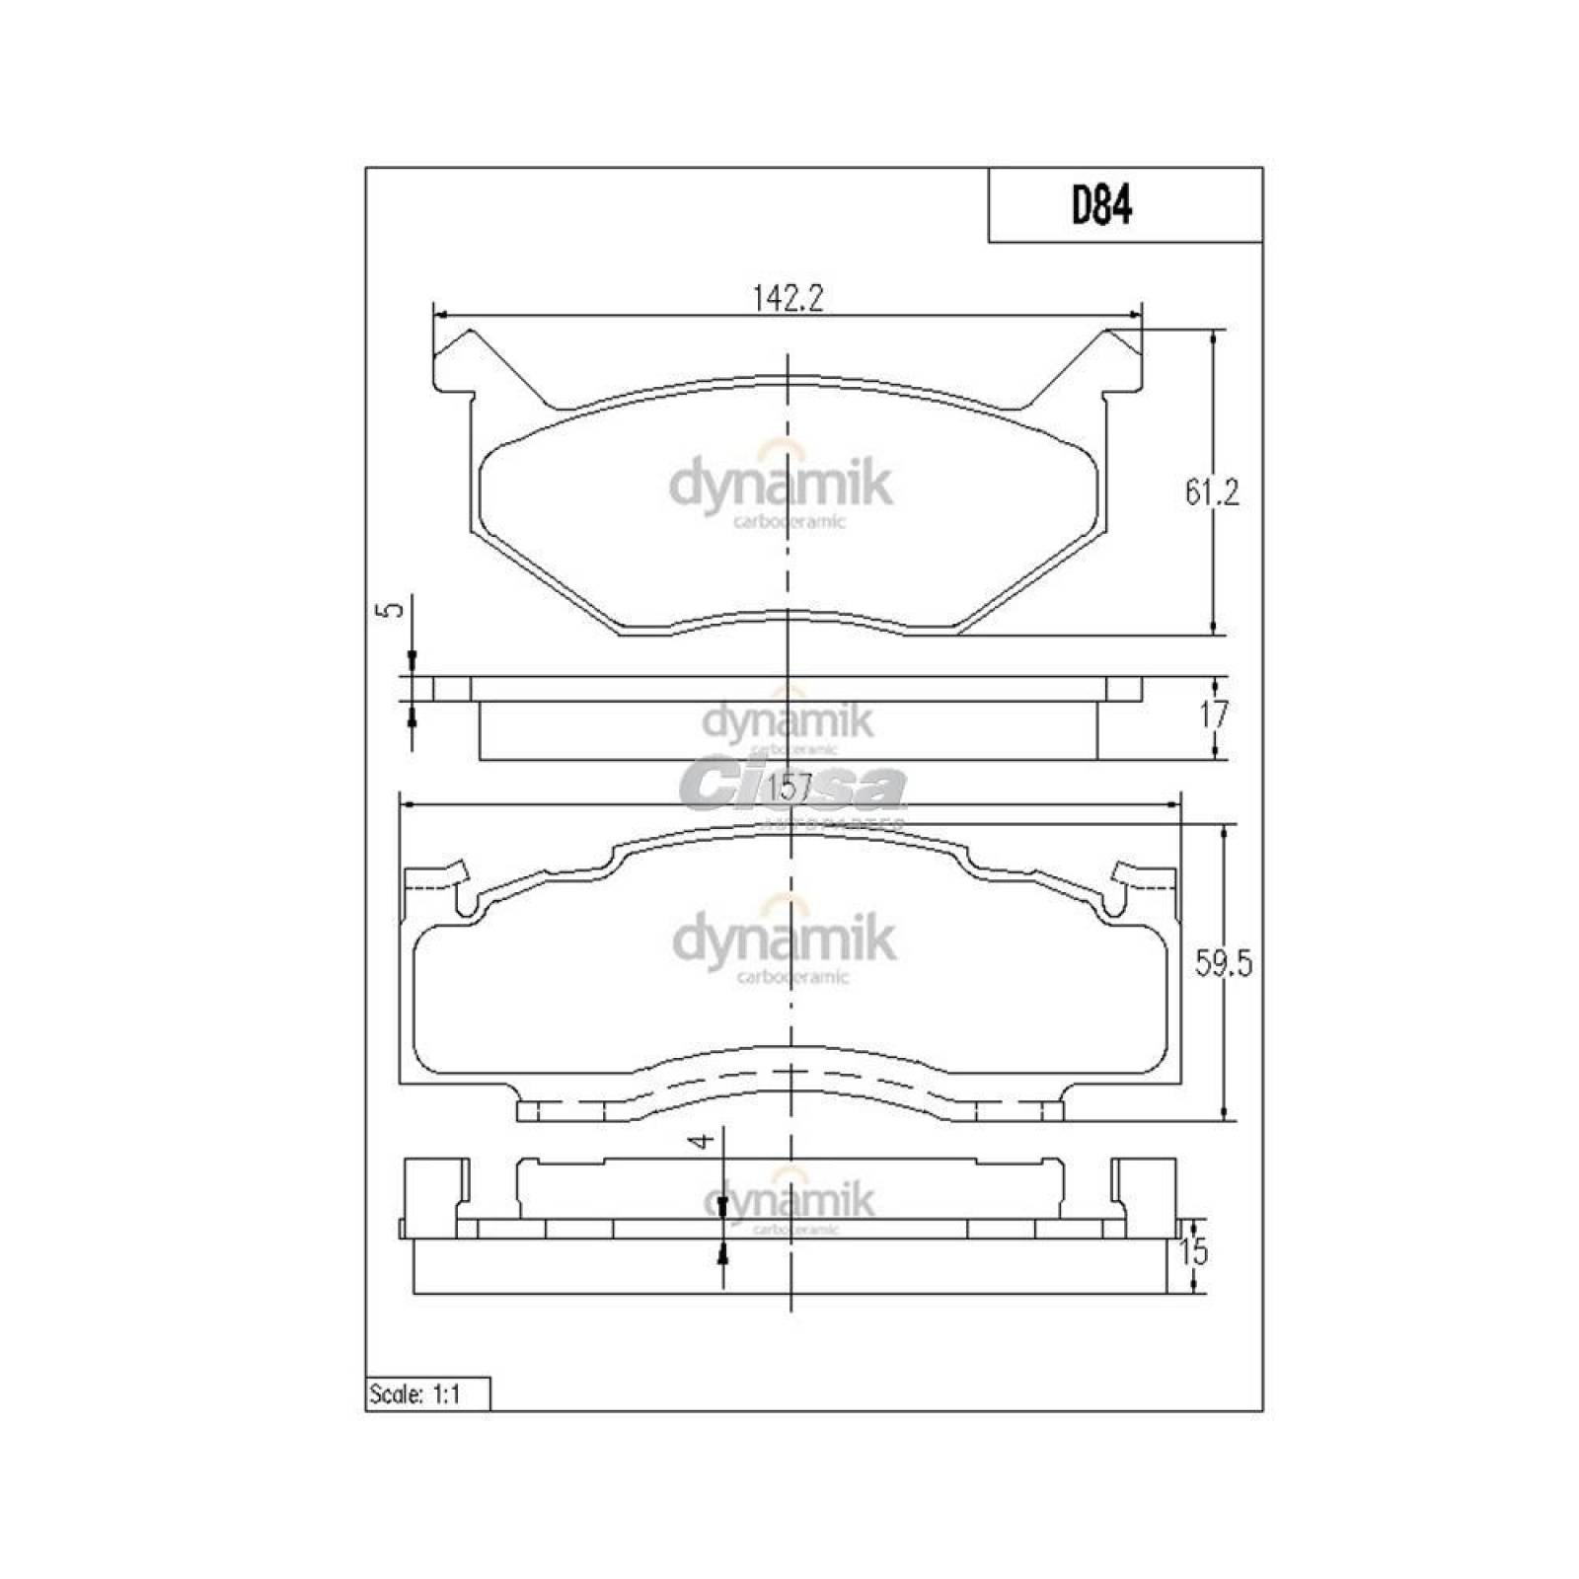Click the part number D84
tap(1101, 206)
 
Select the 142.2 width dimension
tap(787, 297)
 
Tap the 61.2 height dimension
tap(1212, 491)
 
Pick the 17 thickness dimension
tap(1213, 714)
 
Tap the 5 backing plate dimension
tap(394, 609)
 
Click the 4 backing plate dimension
tap(702, 1141)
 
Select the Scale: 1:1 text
tap(414, 1394)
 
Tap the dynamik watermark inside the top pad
tap(781, 486)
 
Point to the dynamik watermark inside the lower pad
tap(785, 940)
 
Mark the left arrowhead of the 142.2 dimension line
tap(440, 315)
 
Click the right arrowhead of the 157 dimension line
tap(1173, 804)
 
